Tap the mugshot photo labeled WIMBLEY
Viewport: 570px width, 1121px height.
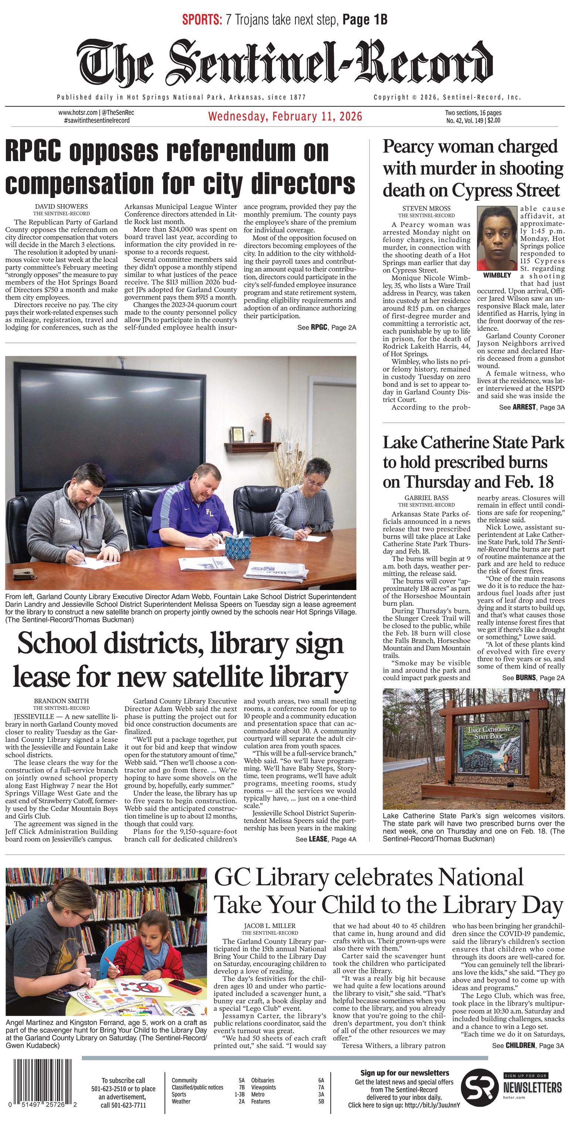click(497, 238)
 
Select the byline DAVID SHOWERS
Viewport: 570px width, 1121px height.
click(61, 206)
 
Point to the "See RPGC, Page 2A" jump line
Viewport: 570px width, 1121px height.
click(326, 327)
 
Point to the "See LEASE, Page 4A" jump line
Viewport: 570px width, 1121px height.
click(325, 839)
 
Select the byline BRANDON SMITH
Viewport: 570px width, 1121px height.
click(61, 701)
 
